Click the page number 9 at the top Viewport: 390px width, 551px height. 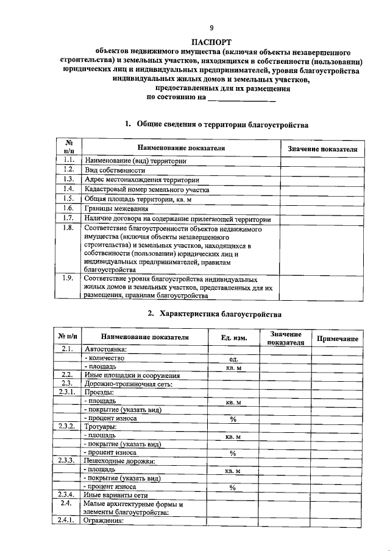click(211, 28)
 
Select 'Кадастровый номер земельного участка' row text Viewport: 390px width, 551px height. click(147, 190)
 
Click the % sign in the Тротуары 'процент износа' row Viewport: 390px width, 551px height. click(233, 453)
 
